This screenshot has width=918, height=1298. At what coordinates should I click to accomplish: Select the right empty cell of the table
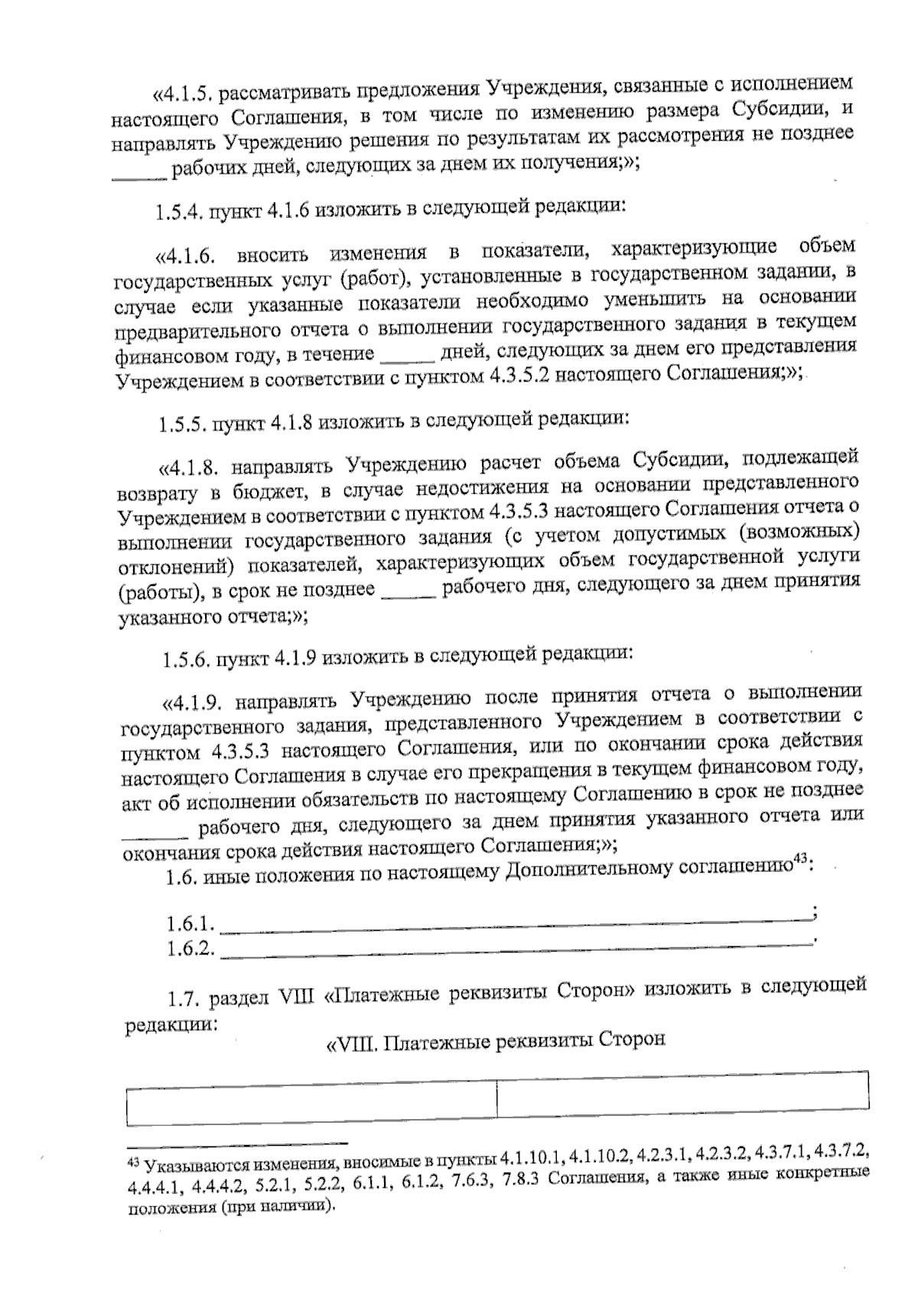pos(682,1096)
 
